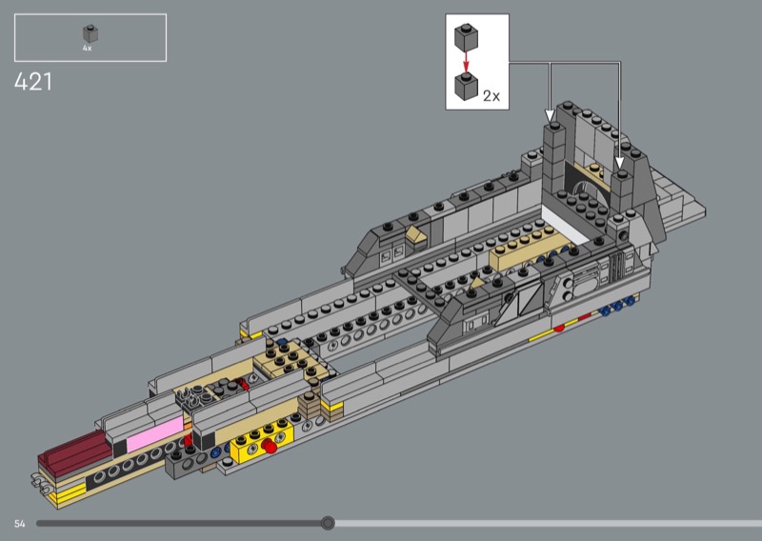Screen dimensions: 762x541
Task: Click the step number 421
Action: click(33, 82)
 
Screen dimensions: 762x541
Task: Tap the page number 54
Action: click(19, 524)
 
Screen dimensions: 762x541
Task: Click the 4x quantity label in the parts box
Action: click(87, 49)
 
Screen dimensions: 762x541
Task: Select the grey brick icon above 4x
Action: click(90, 33)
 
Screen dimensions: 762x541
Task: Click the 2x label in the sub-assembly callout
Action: click(491, 96)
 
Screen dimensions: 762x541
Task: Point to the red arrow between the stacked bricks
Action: click(466, 61)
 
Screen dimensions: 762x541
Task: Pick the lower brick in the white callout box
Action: click(467, 87)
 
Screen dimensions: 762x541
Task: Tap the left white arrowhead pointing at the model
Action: click(550, 115)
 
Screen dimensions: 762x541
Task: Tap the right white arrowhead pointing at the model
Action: click(620, 163)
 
